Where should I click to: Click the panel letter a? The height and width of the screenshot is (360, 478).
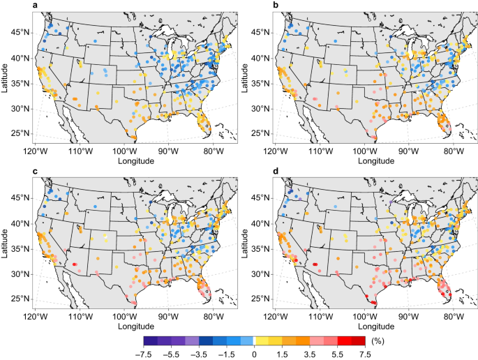point(35,5)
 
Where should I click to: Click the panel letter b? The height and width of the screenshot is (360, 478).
point(275,5)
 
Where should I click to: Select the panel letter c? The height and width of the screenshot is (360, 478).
point(35,172)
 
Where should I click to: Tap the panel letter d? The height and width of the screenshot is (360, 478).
point(275,171)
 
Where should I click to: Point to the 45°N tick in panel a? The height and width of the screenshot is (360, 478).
point(21,32)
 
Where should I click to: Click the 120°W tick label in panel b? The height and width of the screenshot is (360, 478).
point(276,151)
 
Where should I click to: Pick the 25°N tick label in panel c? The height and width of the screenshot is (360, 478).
point(21,299)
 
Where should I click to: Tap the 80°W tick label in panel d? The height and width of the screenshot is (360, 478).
point(454,317)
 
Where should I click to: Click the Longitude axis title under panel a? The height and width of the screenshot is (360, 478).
point(136,160)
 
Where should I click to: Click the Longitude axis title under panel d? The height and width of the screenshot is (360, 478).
point(376,327)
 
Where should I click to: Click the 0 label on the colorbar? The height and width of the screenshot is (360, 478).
point(254,354)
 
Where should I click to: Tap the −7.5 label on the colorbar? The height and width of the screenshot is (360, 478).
point(143,354)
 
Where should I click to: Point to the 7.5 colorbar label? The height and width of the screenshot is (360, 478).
point(365,354)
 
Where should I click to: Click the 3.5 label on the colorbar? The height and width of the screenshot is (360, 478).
point(310,354)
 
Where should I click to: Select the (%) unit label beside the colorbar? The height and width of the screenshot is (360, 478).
point(378,341)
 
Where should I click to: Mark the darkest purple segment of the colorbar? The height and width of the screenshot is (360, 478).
point(151,340)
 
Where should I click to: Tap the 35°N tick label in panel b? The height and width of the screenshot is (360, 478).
point(261,84)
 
